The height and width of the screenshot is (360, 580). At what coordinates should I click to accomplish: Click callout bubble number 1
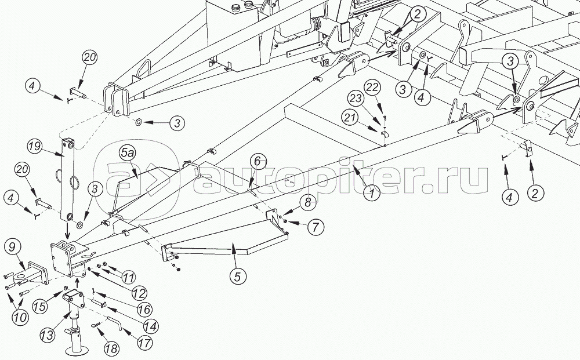tap(371, 193)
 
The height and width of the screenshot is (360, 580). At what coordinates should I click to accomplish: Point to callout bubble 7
tap(315, 227)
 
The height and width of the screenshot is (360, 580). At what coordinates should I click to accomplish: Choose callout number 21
tap(366, 118)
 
